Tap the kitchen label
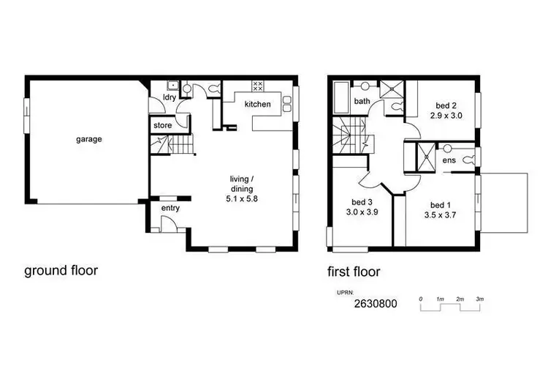coord(257,105)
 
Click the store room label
coord(162,126)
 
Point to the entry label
coord(170,209)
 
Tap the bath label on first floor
coord(362,101)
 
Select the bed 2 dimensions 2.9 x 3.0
coord(446,116)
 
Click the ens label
coord(449,160)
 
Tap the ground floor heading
coord(61,271)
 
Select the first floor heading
coord(354,272)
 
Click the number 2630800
coord(376,304)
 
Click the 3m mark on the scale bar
coord(479,299)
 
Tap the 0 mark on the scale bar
coord(421,299)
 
